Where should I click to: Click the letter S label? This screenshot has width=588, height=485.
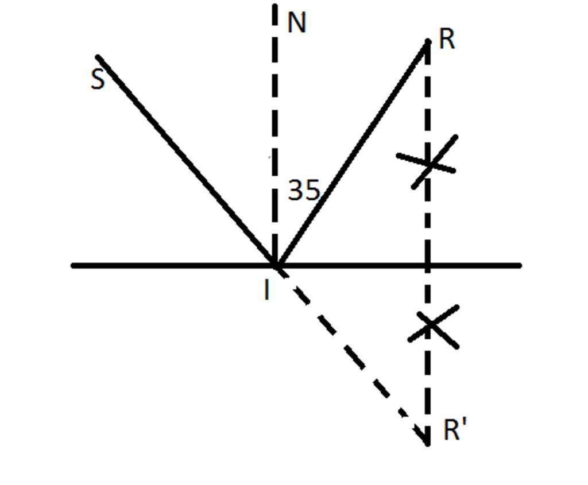pyautogui.click(x=98, y=80)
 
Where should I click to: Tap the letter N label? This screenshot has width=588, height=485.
pyautogui.click(x=296, y=24)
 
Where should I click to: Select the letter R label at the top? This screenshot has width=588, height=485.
pyautogui.click(x=447, y=40)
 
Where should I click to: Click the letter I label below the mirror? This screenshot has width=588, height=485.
pyautogui.click(x=266, y=290)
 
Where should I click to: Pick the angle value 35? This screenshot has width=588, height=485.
pyautogui.click(x=303, y=190)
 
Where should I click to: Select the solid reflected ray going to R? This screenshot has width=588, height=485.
pyautogui.click(x=351, y=153)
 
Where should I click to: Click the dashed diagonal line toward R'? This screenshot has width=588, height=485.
pyautogui.click(x=350, y=353)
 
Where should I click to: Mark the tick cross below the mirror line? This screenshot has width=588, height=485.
pyautogui.click(x=432, y=326)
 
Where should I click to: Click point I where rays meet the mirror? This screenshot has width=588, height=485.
pyautogui.click(x=276, y=266)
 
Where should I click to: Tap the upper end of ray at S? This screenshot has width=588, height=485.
pyautogui.click(x=98, y=57)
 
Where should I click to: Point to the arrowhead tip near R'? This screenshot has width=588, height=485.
pyautogui.click(x=427, y=444)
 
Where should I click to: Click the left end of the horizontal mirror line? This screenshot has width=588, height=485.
pyautogui.click(x=73, y=266)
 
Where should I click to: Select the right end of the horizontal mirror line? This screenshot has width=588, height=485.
pyautogui.click(x=519, y=266)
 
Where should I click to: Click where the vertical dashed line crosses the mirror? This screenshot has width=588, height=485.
pyautogui.click(x=427, y=266)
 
